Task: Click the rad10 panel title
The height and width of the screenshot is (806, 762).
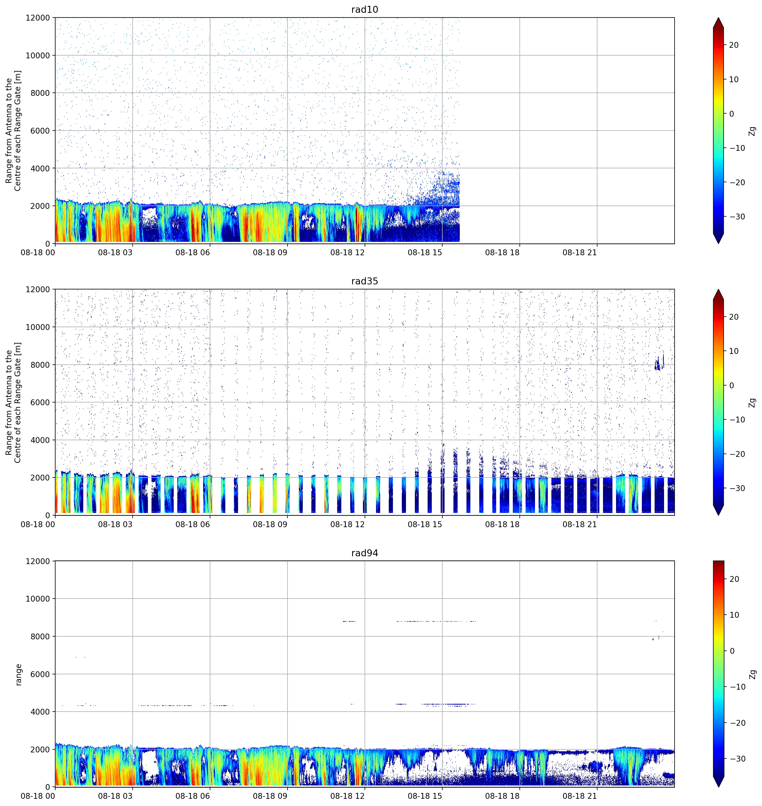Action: (x=364, y=9)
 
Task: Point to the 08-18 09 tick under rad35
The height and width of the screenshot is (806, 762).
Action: (x=270, y=524)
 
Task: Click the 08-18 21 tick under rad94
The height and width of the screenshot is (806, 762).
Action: (x=580, y=796)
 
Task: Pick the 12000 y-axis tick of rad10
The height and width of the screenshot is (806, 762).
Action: (x=37, y=18)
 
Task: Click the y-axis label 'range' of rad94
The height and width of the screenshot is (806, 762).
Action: (x=18, y=674)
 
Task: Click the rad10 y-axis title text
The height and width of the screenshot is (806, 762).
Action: (x=13, y=131)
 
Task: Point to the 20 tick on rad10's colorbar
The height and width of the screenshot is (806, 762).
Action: (x=734, y=45)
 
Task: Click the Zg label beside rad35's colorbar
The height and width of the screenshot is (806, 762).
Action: (x=752, y=402)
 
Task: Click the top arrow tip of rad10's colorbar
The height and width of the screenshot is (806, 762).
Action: (x=718, y=18)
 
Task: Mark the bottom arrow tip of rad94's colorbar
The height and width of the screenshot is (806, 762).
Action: (x=718, y=787)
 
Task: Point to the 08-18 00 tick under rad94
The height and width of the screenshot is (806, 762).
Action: (x=37, y=796)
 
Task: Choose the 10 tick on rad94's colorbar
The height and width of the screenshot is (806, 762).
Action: (x=734, y=615)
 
